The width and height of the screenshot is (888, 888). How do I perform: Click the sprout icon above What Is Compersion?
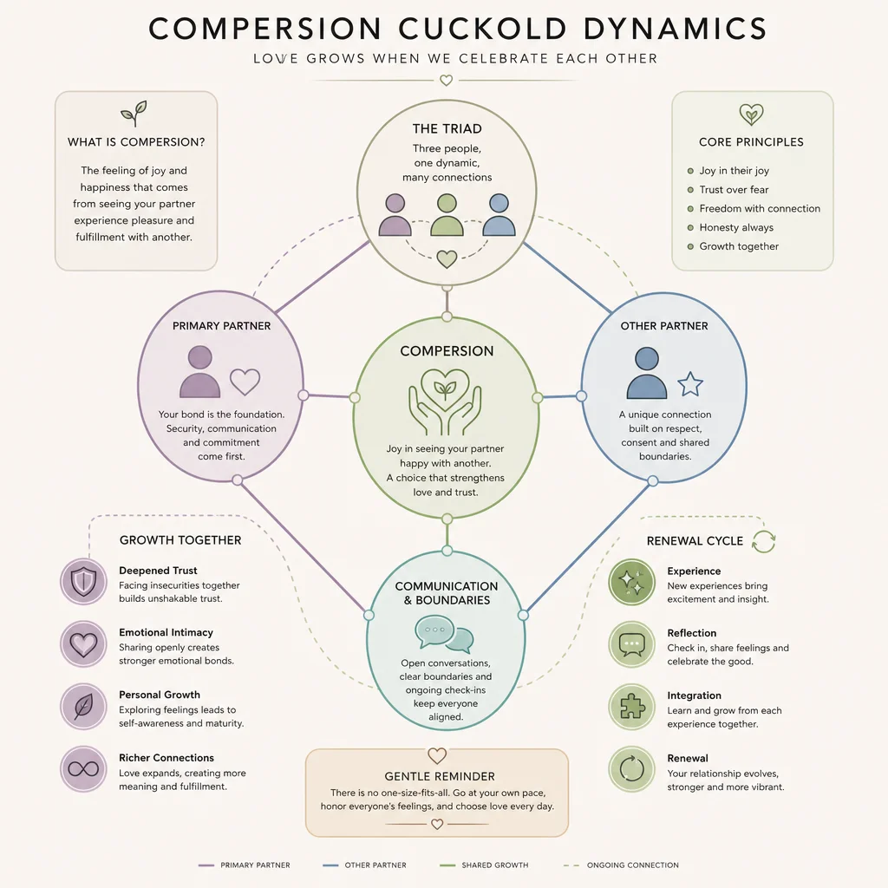tap(134, 114)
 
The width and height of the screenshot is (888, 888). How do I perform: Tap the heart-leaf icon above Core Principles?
tap(751, 114)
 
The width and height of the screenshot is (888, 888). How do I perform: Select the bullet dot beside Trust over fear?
tap(690, 190)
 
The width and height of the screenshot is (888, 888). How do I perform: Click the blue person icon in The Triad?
tap(499, 215)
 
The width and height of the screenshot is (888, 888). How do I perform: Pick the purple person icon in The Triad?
tap(395, 215)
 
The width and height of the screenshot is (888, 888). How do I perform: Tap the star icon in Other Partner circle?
tap(689, 384)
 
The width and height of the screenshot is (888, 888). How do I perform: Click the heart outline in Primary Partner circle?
tap(245, 382)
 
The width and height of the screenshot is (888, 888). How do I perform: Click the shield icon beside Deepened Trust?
tap(83, 582)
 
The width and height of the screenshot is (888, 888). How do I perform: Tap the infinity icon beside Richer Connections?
tap(83, 768)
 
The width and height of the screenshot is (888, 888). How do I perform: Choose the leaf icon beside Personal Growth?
tap(83, 706)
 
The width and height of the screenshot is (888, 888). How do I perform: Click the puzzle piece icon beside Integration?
tap(631, 707)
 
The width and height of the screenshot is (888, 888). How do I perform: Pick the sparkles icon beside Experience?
tap(631, 582)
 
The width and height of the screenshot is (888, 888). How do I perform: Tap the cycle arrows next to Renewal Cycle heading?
tap(763, 541)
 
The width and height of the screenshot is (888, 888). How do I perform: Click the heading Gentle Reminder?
tap(440, 776)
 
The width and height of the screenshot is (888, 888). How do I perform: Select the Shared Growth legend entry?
tap(484, 865)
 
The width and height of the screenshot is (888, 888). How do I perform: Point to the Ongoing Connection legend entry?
tap(621, 865)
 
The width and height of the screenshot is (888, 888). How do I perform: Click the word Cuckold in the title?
tap(482, 29)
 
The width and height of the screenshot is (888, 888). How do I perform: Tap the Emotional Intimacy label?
tap(166, 632)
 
